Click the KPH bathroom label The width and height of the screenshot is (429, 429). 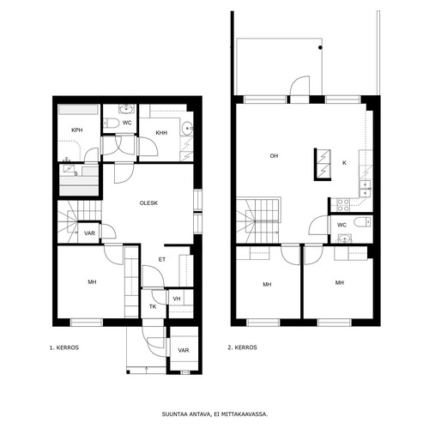(x=77, y=130)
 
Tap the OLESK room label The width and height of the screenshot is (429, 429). (x=148, y=203)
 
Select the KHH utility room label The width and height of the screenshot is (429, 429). (x=161, y=133)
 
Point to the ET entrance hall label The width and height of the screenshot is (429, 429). (x=162, y=260)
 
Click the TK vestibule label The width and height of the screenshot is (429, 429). (x=153, y=307)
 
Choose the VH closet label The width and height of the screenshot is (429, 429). (x=177, y=299)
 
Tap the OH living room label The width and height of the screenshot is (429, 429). (x=274, y=156)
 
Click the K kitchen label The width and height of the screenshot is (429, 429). (x=344, y=163)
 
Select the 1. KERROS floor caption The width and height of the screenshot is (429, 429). (x=64, y=347)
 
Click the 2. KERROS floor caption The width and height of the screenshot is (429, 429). (x=242, y=347)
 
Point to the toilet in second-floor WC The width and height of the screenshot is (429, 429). (x=362, y=221)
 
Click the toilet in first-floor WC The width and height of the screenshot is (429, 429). (x=112, y=123)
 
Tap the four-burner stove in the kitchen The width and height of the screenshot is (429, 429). (x=343, y=205)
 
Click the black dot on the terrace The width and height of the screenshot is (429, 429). (x=320, y=48)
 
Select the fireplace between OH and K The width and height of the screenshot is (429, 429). (x=323, y=165)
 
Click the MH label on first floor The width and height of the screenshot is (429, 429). (x=92, y=282)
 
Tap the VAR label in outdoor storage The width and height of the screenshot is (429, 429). (x=184, y=350)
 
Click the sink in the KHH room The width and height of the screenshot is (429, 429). (x=187, y=128)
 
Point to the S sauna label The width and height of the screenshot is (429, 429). (x=76, y=174)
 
